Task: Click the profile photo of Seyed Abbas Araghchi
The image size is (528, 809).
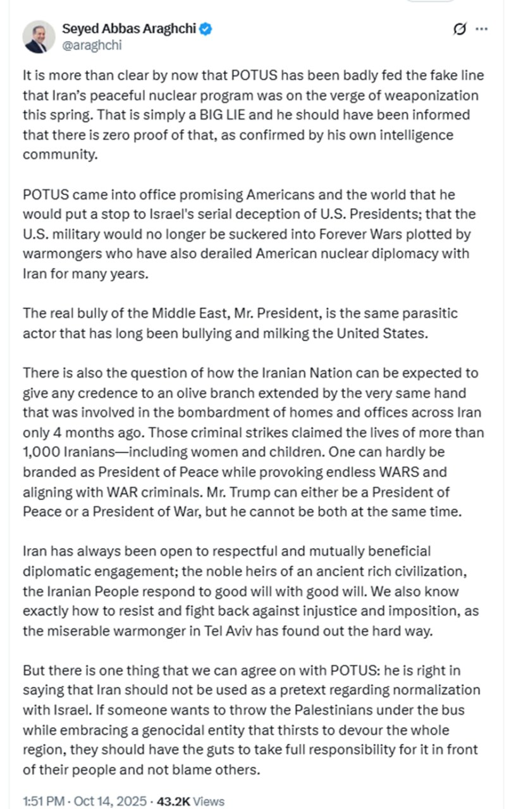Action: [39, 37]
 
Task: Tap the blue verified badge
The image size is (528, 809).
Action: [206, 28]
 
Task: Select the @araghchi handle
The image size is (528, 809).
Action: [92, 45]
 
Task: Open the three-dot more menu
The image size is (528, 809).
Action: [481, 29]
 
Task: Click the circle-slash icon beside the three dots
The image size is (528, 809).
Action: [460, 29]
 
